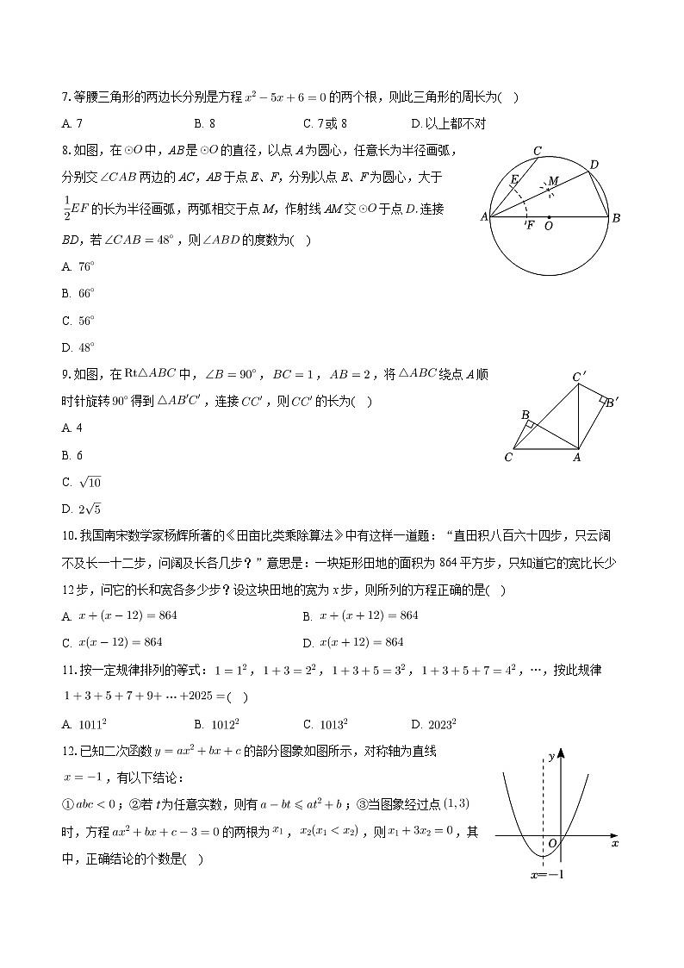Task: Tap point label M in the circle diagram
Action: pyautogui.click(x=554, y=180)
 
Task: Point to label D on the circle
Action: pyautogui.click(x=594, y=164)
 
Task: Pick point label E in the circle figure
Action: pyautogui.click(x=514, y=179)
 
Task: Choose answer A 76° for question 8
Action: pyautogui.click(x=78, y=266)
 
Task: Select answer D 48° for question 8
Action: pyautogui.click(x=78, y=347)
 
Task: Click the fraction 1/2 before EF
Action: pyautogui.click(x=66, y=208)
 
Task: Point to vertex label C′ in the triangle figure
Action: pyautogui.click(x=580, y=377)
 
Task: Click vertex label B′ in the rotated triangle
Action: pyautogui.click(x=611, y=402)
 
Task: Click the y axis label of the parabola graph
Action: pyautogui.click(x=550, y=756)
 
